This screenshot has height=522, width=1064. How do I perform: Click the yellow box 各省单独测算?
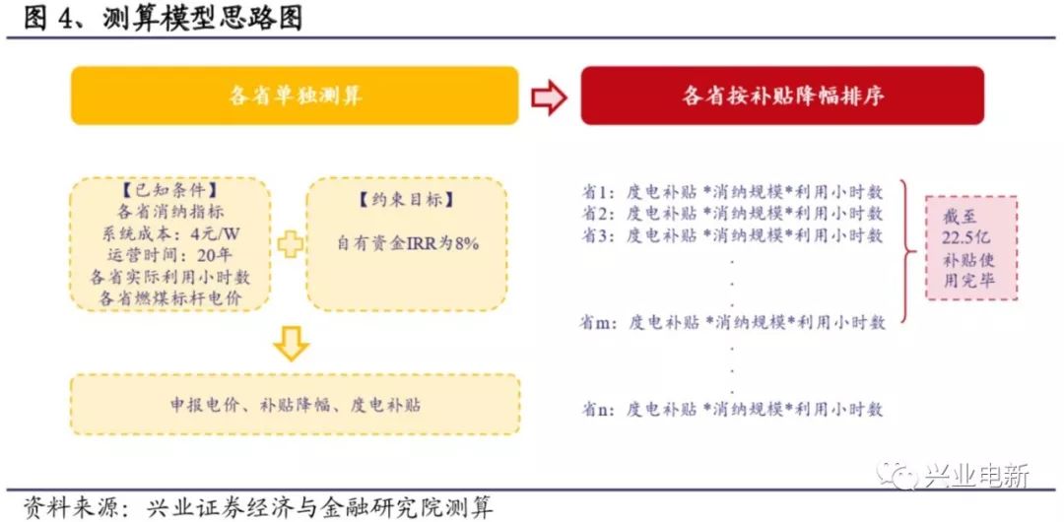point(295,96)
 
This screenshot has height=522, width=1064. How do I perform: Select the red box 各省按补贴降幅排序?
point(782,96)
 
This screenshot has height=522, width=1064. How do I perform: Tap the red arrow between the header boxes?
point(549,98)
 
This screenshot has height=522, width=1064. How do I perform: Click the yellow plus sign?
point(290,242)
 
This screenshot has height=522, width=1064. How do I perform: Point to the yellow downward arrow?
point(292,343)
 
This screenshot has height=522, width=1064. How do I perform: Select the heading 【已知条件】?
point(170,187)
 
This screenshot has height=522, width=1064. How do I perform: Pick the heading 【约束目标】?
point(407,200)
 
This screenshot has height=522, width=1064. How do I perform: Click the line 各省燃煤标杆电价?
point(170,297)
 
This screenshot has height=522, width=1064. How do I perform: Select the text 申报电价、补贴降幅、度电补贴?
point(296,405)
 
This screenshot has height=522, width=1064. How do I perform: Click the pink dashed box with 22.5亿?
point(971,248)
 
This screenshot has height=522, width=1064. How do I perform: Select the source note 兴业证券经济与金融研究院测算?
point(319,507)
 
